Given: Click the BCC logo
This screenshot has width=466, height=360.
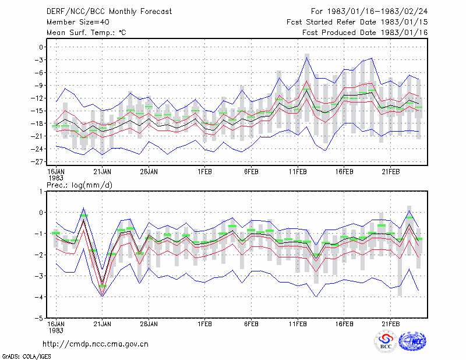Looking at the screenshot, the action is (386, 341).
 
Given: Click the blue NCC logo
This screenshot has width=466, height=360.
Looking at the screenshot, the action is (412, 341).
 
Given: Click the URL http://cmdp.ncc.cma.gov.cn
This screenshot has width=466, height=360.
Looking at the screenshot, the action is (96, 344).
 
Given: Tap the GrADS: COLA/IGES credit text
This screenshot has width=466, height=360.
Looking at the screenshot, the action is (26, 356).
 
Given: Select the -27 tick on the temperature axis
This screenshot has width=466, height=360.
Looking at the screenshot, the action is (37, 161).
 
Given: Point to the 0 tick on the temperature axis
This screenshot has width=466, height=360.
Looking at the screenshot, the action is (41, 47).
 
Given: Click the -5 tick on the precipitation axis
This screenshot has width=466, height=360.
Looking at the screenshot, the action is (38, 318).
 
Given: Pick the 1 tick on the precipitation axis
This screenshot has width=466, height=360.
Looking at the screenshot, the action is (41, 192).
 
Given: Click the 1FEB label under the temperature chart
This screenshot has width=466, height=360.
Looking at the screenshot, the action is (205, 171).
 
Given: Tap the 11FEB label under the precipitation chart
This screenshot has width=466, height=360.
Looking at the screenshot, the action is (298, 324).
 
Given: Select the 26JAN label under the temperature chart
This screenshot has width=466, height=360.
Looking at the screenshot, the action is (149, 171).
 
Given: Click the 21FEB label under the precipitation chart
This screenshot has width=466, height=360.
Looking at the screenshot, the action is (391, 324).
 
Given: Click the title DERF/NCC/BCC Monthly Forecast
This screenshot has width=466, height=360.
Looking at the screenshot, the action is (109, 12).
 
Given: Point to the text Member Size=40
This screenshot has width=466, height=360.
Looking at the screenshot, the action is (78, 22).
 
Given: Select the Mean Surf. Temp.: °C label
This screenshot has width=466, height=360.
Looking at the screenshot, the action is (86, 33).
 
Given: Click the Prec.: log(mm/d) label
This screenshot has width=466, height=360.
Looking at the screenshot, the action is (79, 185).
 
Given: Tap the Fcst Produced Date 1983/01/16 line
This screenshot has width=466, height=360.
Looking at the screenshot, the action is (365, 33).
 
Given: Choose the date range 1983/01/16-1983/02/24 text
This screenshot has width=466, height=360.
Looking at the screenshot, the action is (377, 11).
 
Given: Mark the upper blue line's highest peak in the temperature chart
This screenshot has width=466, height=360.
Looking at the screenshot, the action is (307, 57).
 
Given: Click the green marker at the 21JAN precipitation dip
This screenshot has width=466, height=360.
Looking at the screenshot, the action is (103, 286).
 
